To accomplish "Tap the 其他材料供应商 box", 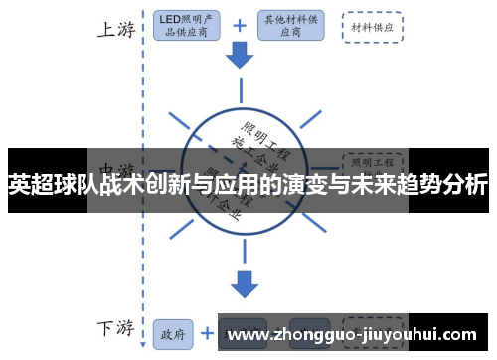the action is pos(290,27).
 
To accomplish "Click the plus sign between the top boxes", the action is pos(240,27).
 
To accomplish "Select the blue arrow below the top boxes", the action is pos(240,57).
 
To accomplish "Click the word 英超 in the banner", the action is pos(31,184).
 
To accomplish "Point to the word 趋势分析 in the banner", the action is pos(441,184).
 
